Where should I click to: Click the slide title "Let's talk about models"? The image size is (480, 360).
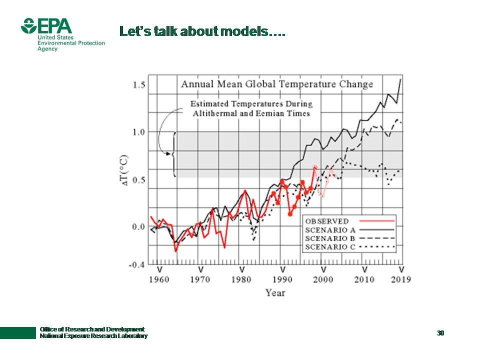pos(202,31)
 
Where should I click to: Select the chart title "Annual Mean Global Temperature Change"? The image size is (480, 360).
pos(277,84)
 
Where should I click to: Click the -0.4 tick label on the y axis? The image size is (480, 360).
pos(137,264)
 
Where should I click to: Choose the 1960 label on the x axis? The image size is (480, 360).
pos(159,279)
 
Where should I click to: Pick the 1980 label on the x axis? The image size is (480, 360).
pos(242,279)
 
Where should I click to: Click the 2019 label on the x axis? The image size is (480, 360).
pos(400,279)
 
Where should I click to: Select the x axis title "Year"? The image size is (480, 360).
pos(275,292)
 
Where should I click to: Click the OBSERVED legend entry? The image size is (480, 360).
pos(327,221)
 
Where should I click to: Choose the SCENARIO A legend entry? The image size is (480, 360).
pos(330,230)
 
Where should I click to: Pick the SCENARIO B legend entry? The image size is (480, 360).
pos(330,238)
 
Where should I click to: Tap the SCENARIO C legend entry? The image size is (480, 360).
pos(330,247)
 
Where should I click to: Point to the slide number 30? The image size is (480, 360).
pos(440,333)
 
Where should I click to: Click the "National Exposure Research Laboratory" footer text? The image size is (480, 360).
pos(93,336)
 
